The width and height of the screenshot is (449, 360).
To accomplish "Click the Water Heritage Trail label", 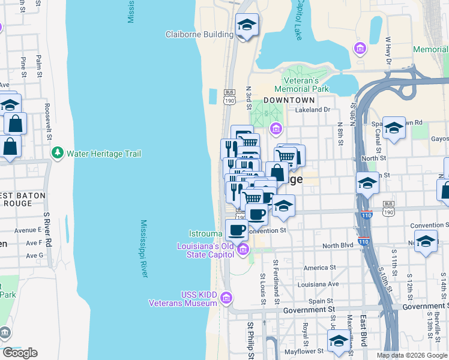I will click(x=104, y=154).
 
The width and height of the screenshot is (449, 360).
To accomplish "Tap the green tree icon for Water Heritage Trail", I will click(x=58, y=154).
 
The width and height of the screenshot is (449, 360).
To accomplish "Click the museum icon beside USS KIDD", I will click(x=226, y=298).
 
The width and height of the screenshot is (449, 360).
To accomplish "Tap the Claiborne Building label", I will click(x=199, y=34).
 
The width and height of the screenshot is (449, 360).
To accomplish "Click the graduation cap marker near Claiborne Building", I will click(x=247, y=25).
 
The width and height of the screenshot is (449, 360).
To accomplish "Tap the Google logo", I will click(x=20, y=353).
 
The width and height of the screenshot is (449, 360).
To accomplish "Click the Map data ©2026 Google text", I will click(x=412, y=355).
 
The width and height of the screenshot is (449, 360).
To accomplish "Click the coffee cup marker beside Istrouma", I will click(x=236, y=229).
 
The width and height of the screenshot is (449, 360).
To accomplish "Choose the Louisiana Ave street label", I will click(x=321, y=284).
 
